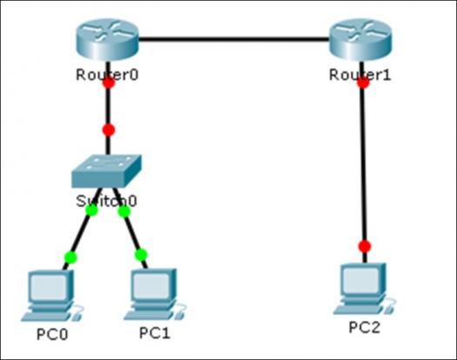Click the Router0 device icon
[x=107, y=40]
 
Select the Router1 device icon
[x=360, y=40]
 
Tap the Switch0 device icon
[x=107, y=171]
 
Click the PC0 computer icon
[x=52, y=296]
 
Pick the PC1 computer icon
[x=154, y=294]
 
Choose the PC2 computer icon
[x=365, y=289]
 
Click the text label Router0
[x=107, y=75]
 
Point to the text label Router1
[x=360, y=75]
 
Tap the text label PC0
[x=52, y=334]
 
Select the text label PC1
[x=155, y=333]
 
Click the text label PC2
[x=365, y=327]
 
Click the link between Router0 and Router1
[x=234, y=39]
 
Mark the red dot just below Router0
[x=109, y=83]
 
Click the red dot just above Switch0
[x=109, y=130]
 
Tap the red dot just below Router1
[x=363, y=83]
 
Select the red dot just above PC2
[x=365, y=246]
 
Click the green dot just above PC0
[x=71, y=257]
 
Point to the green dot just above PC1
[x=141, y=255]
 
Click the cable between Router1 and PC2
[x=363, y=162]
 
